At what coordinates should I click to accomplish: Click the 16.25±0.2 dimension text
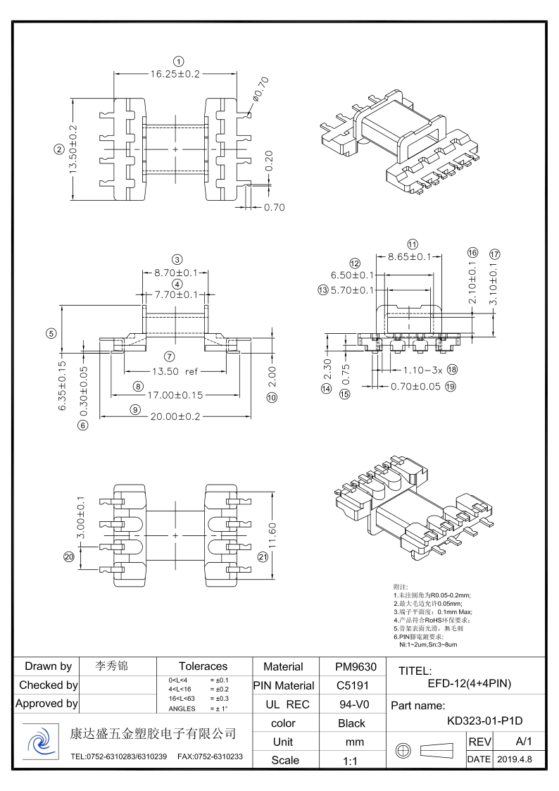[x=175, y=73]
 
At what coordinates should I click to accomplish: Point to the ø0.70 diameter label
[x=260, y=88]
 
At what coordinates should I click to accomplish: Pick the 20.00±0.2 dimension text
[x=175, y=416]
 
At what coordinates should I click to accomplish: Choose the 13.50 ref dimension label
[x=174, y=371]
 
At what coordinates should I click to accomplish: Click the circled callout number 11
[x=413, y=244]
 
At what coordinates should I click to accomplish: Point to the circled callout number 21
[x=263, y=557]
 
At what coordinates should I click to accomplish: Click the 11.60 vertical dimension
[x=272, y=537]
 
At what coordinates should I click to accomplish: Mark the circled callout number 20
[x=69, y=557]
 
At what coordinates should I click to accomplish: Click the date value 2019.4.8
[x=515, y=759]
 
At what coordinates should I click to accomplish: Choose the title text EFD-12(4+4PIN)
[x=469, y=683]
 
